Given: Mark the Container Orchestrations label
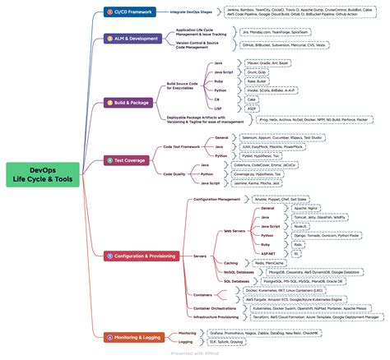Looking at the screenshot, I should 219,308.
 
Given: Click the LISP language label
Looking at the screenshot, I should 218,108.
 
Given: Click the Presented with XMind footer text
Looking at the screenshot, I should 194,355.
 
